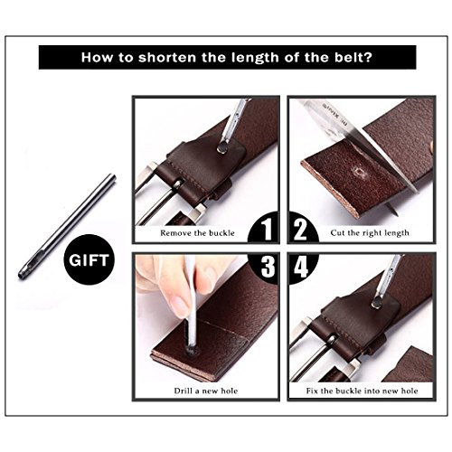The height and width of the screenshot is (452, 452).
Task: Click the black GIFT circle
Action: pyautogui.click(x=89, y=259)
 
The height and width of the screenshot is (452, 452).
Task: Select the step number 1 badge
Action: pyautogui.click(x=264, y=228)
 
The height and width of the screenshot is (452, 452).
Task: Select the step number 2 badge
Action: pyautogui.click(x=301, y=228)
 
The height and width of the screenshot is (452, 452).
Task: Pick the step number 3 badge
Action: pyautogui.click(x=265, y=268)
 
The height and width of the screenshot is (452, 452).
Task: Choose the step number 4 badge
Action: pyautogui.click(x=301, y=268)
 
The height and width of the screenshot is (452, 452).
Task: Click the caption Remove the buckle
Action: pyautogui.click(x=197, y=233)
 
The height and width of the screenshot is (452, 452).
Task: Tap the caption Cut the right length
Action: pyautogui.click(x=370, y=233)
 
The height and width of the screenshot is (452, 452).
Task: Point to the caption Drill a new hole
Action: pyautogui.click(x=206, y=391)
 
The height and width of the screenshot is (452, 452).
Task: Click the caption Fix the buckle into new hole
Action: pyautogui.click(x=362, y=391)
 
